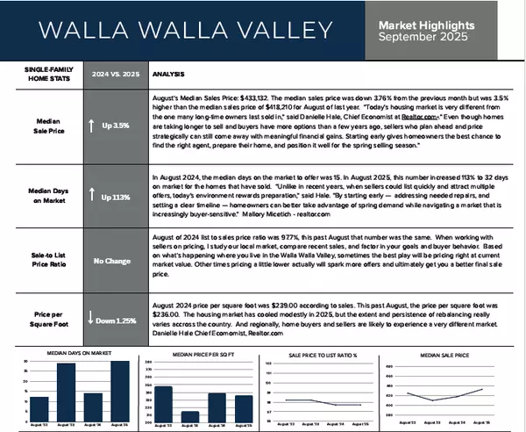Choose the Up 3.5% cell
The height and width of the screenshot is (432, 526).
[x=111, y=126]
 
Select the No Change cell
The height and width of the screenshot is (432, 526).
[x=111, y=261]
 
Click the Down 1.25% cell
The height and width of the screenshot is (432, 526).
[x=111, y=321]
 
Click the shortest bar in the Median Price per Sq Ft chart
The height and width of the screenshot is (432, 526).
[x=189, y=416]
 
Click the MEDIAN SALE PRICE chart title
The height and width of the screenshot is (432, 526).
[x=443, y=357]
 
